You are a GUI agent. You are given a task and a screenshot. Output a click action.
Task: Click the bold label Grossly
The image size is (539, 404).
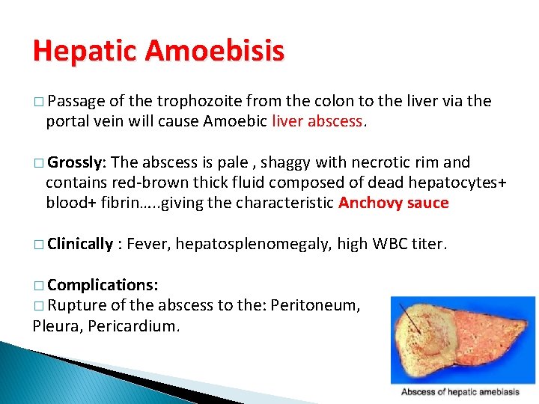click(x=76, y=162)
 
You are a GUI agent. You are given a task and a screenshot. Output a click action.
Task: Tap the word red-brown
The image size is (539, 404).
click(x=149, y=183)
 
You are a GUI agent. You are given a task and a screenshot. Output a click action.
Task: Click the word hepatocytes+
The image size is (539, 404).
click(x=437, y=183)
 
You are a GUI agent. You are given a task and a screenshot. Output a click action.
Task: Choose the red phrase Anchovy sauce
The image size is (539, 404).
click(x=394, y=203)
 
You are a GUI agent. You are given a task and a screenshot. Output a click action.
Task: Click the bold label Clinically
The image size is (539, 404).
click(x=80, y=244)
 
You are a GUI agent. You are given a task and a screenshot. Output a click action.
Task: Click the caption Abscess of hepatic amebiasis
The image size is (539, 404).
click(x=460, y=392)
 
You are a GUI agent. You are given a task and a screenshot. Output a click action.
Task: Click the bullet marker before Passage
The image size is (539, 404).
click(x=38, y=102)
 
